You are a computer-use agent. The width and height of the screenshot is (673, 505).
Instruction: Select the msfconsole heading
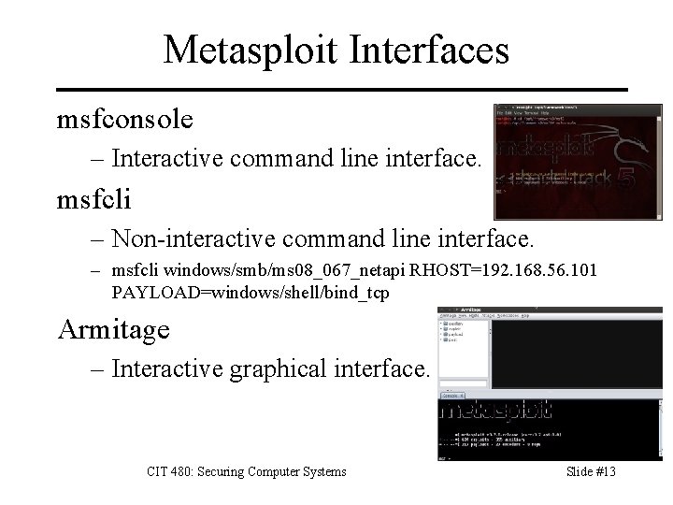pyautogui.click(x=125, y=119)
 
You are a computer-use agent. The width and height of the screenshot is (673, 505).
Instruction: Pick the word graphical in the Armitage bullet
pyautogui.click(x=303, y=368)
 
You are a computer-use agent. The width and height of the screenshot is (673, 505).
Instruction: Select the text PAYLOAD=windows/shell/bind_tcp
pyautogui.click(x=251, y=292)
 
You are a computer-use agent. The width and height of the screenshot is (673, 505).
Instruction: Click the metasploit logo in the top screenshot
pyautogui.click(x=541, y=151)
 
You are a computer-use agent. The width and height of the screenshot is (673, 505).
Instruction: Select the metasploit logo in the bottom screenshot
pyautogui.click(x=494, y=411)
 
